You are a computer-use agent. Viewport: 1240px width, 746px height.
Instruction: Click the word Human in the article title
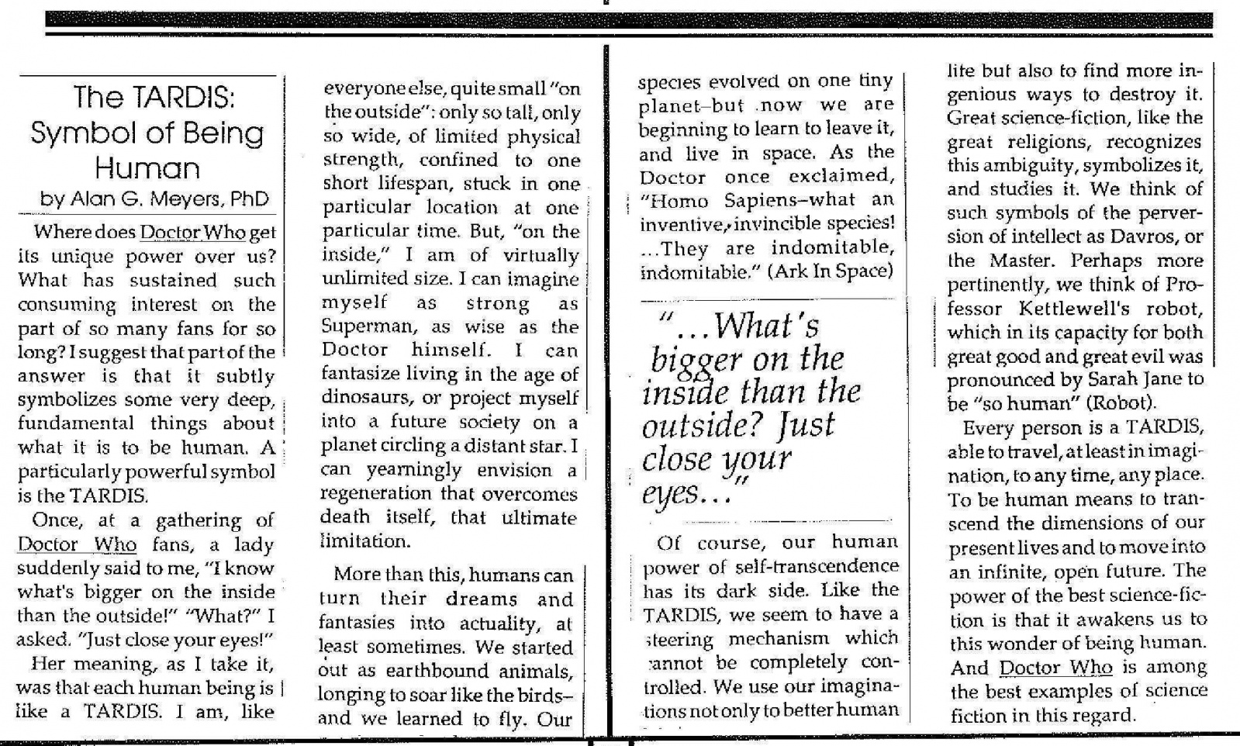pos(147,168)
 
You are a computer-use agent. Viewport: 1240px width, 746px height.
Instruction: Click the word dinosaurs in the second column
pos(364,398)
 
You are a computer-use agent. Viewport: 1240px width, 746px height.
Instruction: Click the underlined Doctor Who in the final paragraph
pos(1055,667)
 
